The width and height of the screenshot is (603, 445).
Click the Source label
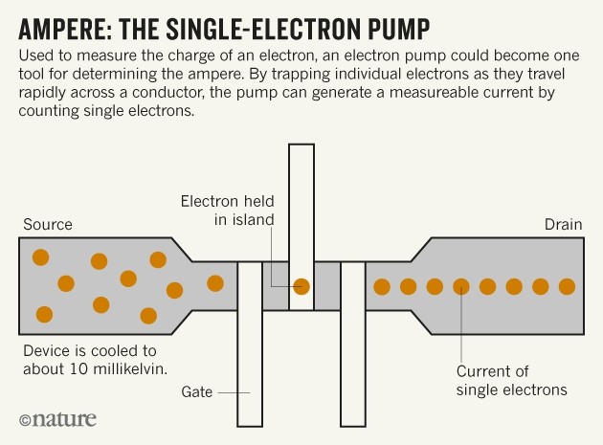[47, 225]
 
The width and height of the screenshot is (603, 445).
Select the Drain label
[563, 225]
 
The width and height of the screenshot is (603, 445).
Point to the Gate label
[197, 391]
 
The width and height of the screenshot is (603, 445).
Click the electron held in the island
[301, 285]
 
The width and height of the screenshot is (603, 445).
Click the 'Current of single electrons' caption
[511, 381]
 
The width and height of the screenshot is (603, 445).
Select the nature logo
[63, 419]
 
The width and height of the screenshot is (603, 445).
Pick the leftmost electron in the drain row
[382, 286]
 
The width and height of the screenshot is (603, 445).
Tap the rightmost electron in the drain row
[567, 286]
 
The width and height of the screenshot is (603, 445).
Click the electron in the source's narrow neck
[215, 283]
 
